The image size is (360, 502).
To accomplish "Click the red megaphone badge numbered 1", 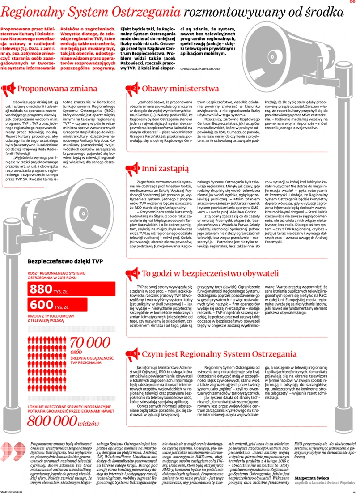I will click(9, 89).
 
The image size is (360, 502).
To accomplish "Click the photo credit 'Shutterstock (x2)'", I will click(11, 492).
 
